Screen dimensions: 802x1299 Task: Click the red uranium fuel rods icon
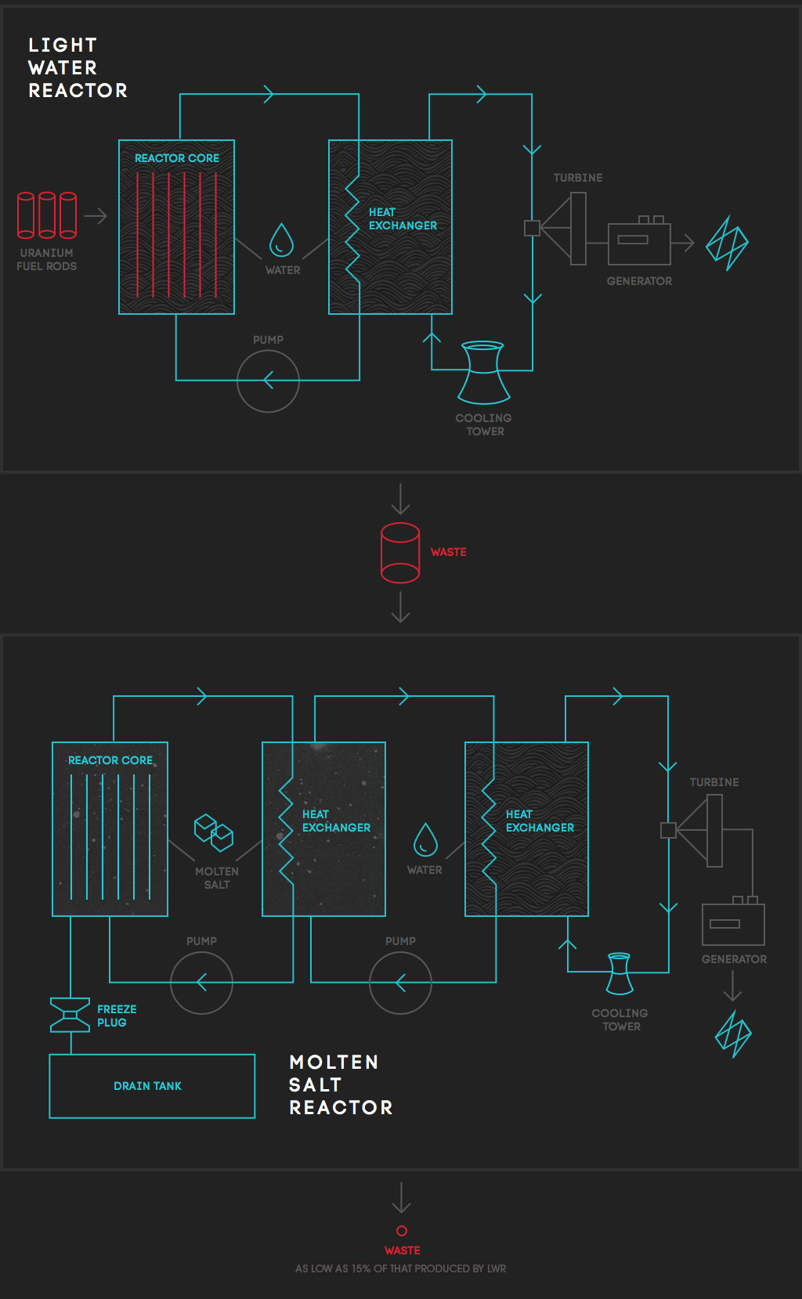[47, 215]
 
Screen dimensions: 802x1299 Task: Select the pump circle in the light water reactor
[238, 381]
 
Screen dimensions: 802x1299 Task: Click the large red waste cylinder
[381, 553]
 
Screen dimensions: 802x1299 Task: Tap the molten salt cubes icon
[213, 833]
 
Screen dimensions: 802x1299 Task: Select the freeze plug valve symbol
[70, 1015]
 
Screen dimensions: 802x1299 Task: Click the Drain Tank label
[147, 1085]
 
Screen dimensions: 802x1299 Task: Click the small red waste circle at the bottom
[401, 1226]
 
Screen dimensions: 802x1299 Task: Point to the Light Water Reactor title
[78, 68]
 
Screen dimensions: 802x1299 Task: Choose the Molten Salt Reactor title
[341, 1084]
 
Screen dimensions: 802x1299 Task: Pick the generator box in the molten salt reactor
[733, 925]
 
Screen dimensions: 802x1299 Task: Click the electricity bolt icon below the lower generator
[733, 1034]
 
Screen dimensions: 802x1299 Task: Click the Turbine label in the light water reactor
[577, 178]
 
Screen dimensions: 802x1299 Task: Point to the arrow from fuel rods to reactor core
[96, 216]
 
